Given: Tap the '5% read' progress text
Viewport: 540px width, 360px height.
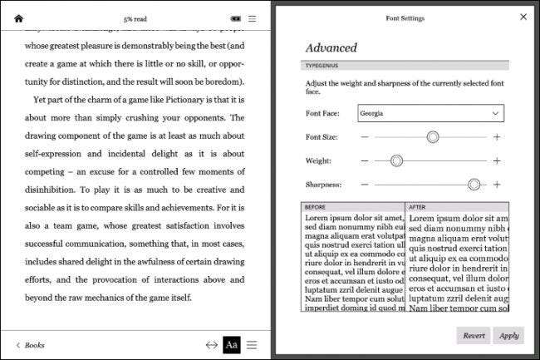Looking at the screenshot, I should click(135, 18).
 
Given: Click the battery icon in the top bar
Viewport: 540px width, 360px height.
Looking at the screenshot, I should click(236, 18).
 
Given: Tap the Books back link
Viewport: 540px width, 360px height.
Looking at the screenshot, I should click(31, 344).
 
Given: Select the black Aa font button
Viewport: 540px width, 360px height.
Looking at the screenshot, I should click(231, 344).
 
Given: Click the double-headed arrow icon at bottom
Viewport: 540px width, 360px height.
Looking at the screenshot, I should click(212, 344).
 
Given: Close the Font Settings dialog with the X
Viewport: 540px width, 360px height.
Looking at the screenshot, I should click(523, 16).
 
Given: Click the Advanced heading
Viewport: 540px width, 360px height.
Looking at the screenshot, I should click(331, 48).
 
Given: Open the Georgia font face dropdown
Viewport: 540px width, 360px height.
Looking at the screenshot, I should click(430, 112).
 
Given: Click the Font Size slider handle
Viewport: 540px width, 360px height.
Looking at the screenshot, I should click(433, 136).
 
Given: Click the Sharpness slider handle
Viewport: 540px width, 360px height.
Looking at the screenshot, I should click(474, 185).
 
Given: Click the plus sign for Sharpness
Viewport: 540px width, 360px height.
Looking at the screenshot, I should click(497, 185).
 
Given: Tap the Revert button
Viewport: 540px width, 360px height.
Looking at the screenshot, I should click(474, 335).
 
